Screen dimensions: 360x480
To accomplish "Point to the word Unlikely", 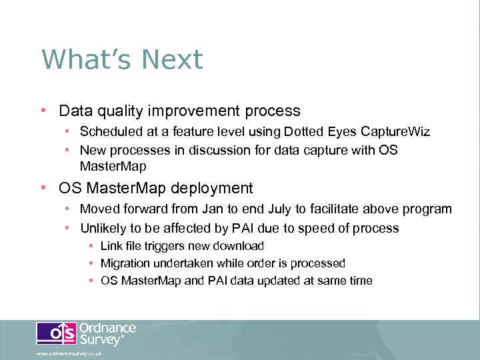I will tap(103, 228).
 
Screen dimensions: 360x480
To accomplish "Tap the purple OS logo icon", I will tap(56, 333).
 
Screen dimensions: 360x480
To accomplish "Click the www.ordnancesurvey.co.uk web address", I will tap(69, 354).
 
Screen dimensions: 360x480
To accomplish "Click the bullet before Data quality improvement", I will tap(43, 111).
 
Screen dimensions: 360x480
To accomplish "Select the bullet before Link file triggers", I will tap(91, 246).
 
